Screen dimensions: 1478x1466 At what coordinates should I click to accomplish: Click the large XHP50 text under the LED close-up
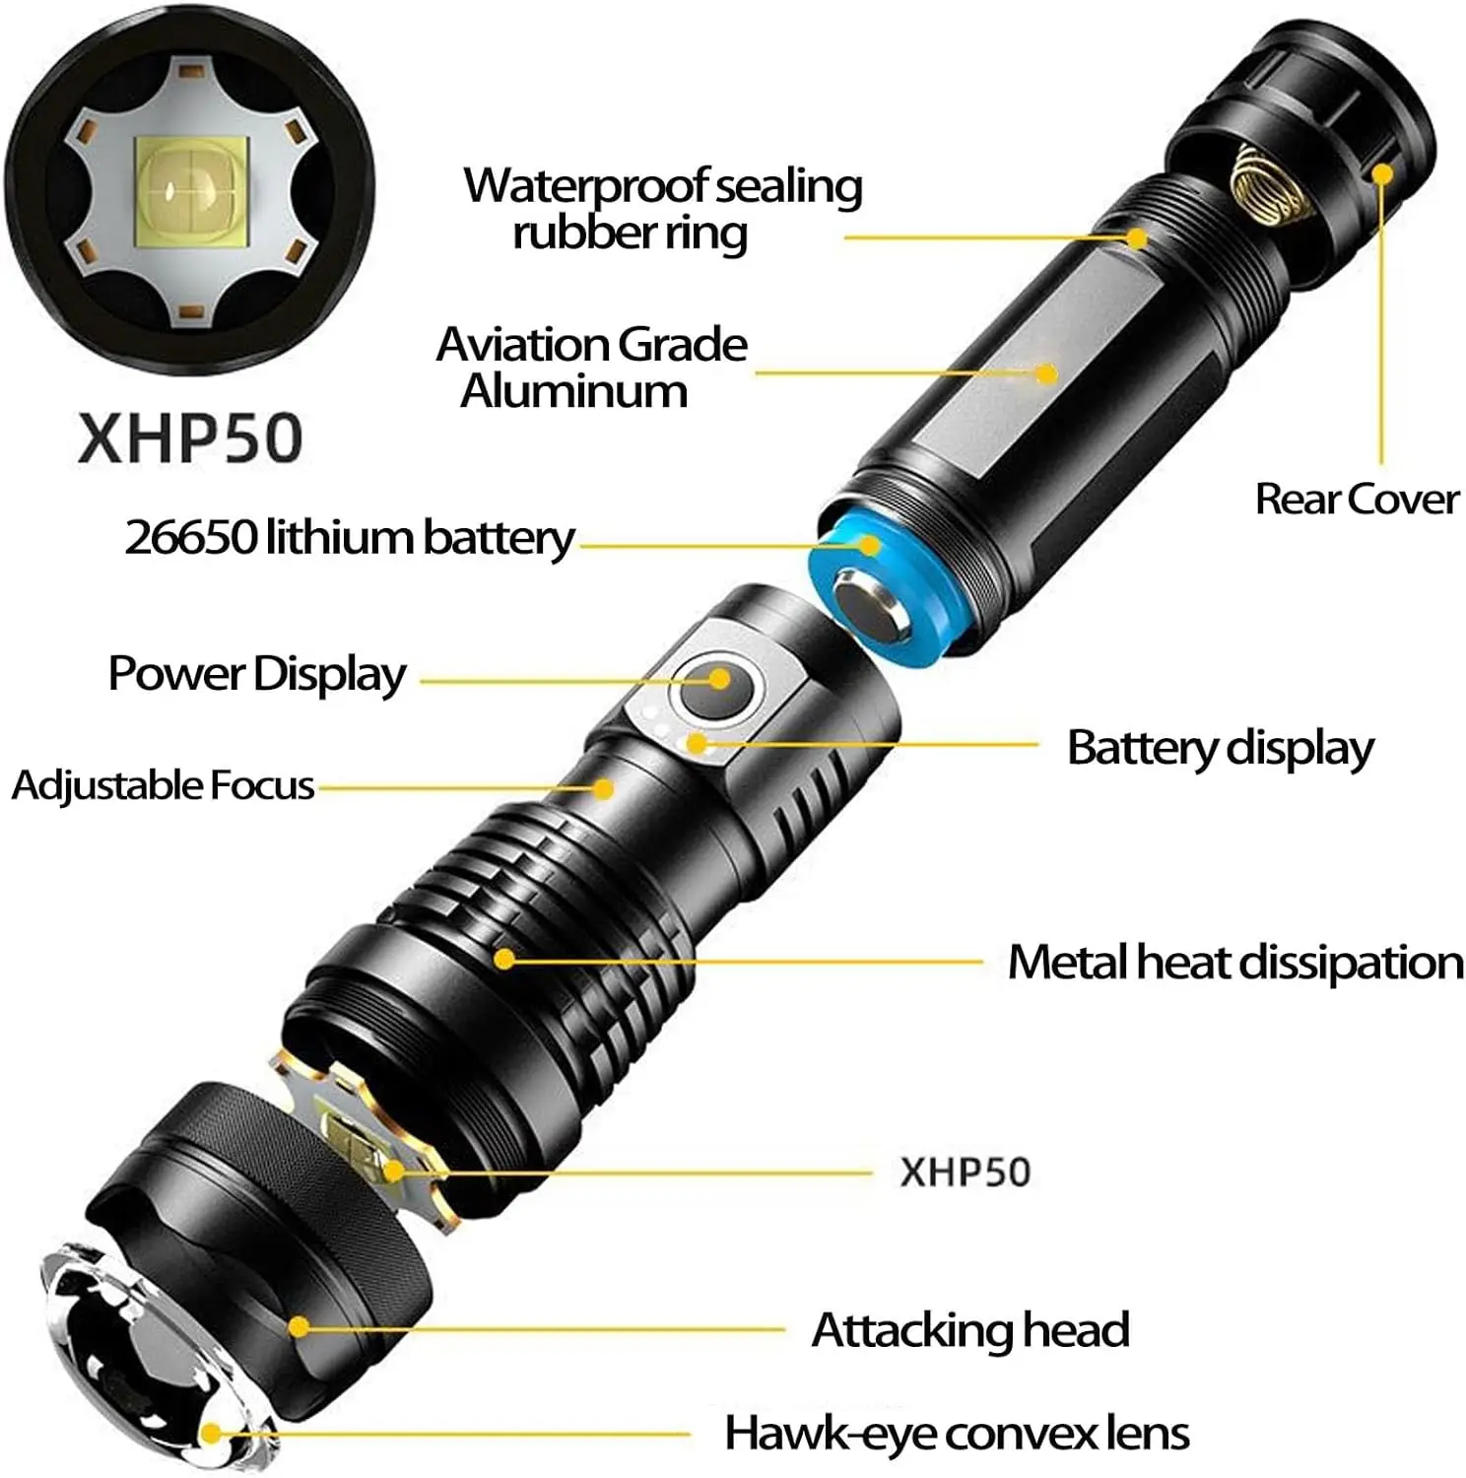point(190,437)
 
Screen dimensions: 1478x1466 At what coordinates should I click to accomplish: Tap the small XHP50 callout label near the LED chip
point(965,1172)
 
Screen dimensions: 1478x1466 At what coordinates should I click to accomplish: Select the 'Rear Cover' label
point(1356,499)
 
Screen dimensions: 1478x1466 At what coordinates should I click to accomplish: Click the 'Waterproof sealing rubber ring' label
point(662,209)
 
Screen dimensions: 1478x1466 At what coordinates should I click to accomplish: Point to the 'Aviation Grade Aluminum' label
point(591,367)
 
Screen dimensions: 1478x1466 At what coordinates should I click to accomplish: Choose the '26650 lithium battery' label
point(349,537)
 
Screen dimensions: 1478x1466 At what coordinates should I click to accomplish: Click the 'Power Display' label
point(256,674)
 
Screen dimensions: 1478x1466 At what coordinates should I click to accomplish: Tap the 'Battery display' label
point(1220,748)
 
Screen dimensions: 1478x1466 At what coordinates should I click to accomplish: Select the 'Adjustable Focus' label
point(163,785)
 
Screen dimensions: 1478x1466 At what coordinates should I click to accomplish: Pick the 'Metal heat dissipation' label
point(1234,962)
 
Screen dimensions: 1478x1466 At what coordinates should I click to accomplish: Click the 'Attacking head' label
point(969,1329)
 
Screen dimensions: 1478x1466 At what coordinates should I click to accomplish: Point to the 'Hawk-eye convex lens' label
point(956,1433)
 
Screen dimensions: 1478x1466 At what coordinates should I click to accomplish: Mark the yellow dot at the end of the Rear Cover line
point(1382,174)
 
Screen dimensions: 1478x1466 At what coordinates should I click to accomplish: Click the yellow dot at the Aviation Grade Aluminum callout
point(1046,373)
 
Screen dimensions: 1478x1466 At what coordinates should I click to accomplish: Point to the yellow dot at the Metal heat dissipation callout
point(504,958)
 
